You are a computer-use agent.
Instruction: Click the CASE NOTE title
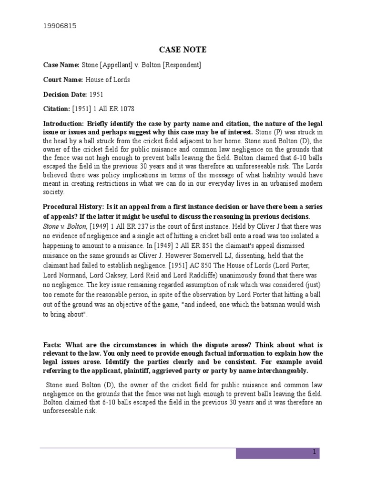(x=183, y=50)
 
